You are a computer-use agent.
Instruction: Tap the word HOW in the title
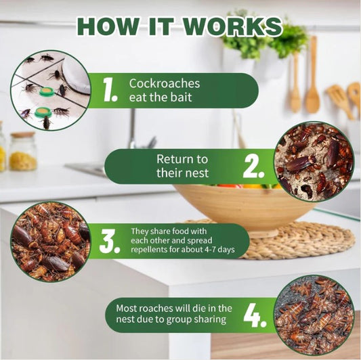tap(108, 26)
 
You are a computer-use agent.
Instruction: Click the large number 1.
tap(110, 90)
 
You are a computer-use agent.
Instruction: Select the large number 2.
tap(254, 166)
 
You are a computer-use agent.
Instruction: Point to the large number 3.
tap(110, 242)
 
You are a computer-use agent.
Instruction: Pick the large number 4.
tap(255, 315)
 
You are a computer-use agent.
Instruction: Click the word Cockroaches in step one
tap(165, 83)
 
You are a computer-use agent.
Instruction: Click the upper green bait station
tap(47, 91)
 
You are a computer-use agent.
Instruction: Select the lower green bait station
tap(43, 112)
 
